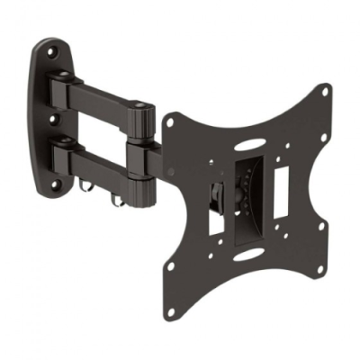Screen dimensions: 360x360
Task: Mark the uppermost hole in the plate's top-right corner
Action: coord(322,93)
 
